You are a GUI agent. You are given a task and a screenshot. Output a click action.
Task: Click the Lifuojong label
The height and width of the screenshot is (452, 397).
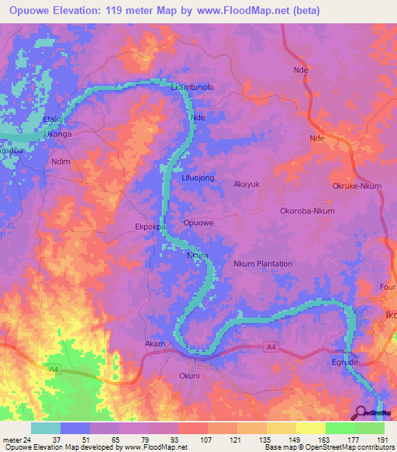197,178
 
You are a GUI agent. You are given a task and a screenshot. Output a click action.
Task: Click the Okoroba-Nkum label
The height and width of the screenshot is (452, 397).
307,210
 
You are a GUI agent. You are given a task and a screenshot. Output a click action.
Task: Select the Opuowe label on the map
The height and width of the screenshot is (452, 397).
198,223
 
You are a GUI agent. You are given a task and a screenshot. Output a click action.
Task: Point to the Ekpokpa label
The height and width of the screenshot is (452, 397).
151,228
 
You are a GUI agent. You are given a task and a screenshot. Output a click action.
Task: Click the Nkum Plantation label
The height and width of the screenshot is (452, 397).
263,263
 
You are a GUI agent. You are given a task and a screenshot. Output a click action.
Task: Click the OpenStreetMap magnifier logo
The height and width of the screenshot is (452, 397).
361,413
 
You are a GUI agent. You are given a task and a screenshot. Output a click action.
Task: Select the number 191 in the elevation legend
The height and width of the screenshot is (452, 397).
381,440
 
